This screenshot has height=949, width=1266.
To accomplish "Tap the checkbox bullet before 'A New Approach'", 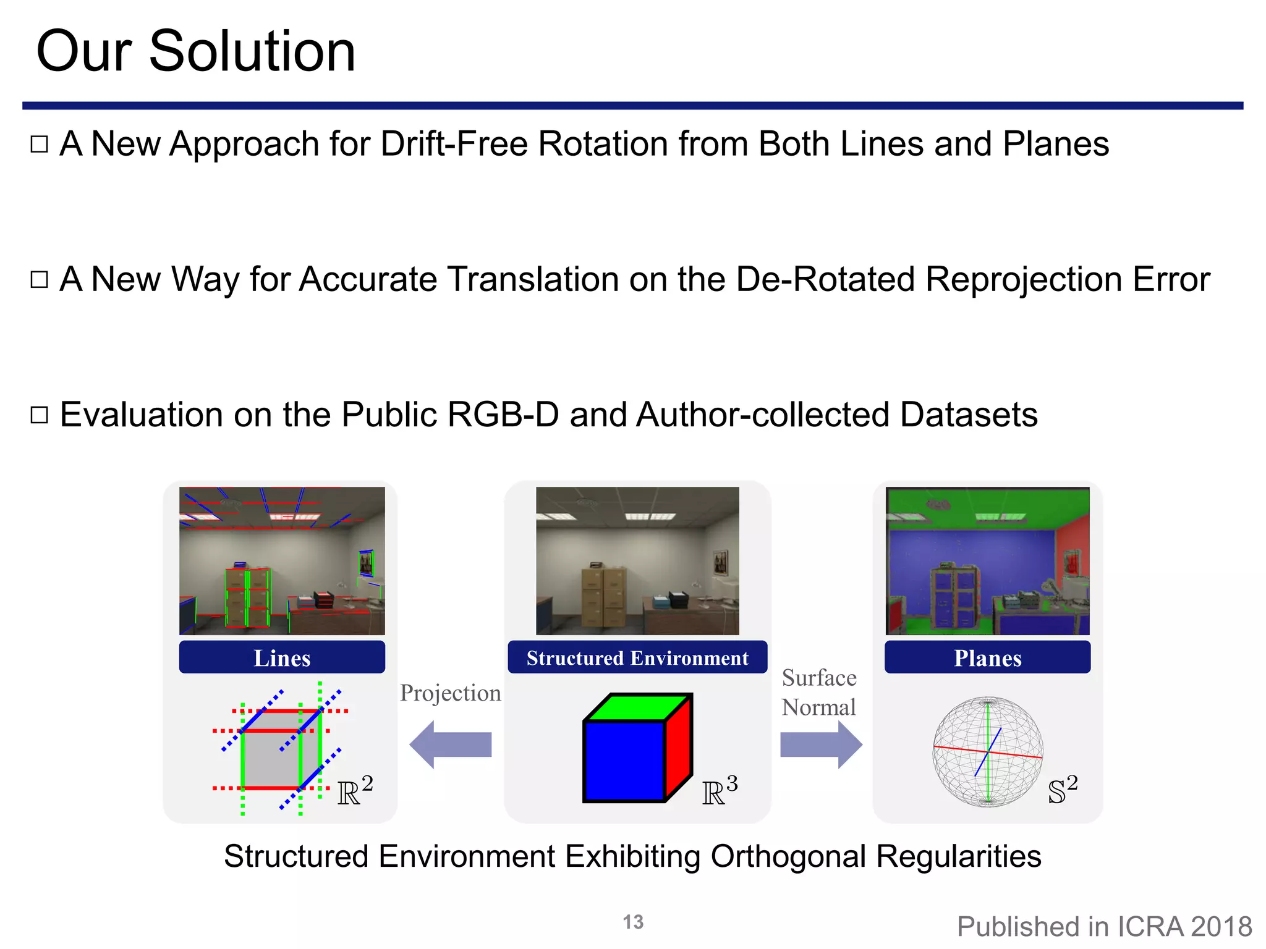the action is click(40, 145).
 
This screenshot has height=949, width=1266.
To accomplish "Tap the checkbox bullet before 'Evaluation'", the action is click(40, 415).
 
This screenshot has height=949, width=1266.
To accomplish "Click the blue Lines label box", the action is click(282, 657).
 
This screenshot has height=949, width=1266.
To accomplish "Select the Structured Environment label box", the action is click(637, 657).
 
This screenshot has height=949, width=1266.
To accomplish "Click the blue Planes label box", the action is click(987, 657).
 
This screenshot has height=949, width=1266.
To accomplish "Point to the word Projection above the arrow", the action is click(450, 693).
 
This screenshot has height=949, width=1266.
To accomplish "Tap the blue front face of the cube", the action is click(624, 761).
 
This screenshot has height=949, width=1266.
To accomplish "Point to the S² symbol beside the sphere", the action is click(1063, 790).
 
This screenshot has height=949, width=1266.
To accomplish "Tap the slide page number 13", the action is click(633, 922).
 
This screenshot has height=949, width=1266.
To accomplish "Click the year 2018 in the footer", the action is click(1221, 927).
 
